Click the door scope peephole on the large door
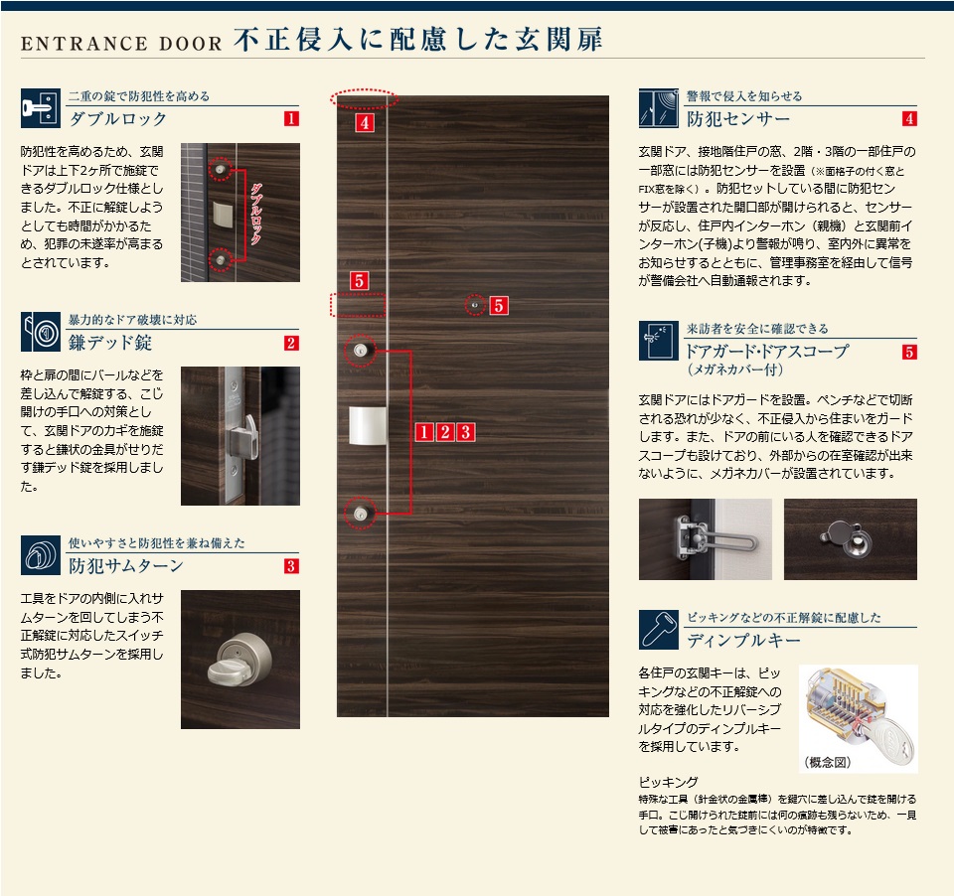click(475, 305)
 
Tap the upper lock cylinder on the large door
click(360, 351)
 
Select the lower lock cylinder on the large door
click(360, 514)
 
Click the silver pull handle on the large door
click(368, 426)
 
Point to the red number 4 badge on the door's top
click(364, 123)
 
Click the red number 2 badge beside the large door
click(445, 432)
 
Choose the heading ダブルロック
click(118, 118)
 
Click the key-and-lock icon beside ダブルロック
click(40, 108)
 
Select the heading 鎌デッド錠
click(110, 343)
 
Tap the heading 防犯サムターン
click(126, 565)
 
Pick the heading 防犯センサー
click(738, 118)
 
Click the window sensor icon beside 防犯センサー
click(658, 108)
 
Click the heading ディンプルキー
click(743, 640)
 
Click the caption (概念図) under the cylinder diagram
click(828, 762)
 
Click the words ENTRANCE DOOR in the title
click(121, 44)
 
